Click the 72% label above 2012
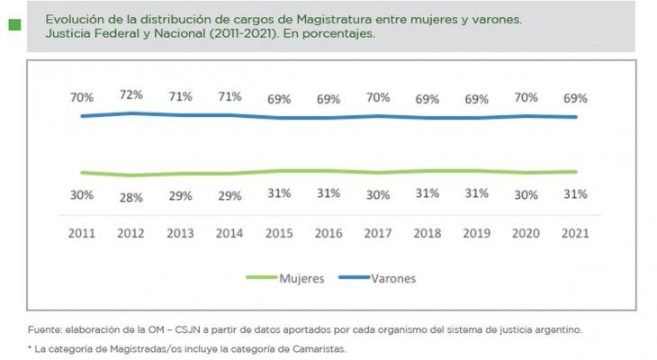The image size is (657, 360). click(131, 94)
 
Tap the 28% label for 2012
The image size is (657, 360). click(131, 198)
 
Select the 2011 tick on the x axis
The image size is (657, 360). click(82, 232)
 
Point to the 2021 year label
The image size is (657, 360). click(575, 232)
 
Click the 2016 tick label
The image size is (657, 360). click(328, 232)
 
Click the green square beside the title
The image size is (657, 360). click(13, 25)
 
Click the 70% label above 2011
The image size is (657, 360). click(82, 97)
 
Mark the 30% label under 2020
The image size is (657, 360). click(526, 193)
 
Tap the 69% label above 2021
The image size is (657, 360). click(575, 98)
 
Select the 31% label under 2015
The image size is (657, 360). click(279, 193)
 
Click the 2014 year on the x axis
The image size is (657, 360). click(230, 232)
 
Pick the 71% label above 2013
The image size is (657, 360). click(181, 96)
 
